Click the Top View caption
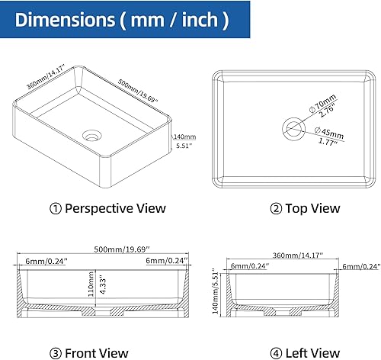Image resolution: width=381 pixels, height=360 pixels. pyautogui.click(x=294, y=207)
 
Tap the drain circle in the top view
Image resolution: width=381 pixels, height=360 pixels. pyautogui.click(x=293, y=126)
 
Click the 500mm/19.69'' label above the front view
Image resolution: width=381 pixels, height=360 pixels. pyautogui.click(x=101, y=249)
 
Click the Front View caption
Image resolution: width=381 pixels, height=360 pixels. pyautogui.click(x=99, y=352)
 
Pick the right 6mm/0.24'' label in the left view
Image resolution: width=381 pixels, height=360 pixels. pyautogui.click(x=361, y=266)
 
